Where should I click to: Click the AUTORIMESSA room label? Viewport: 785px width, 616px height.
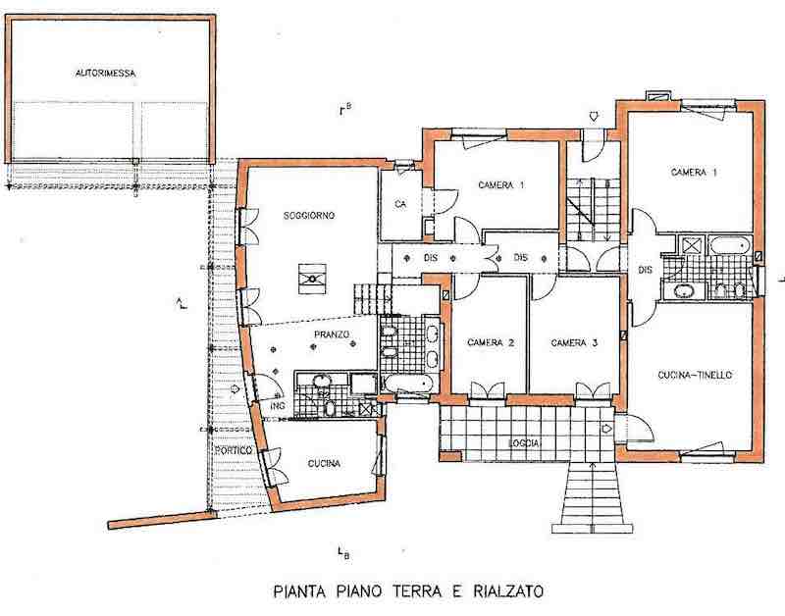(106, 74)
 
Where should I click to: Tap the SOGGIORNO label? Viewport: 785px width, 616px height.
(309, 216)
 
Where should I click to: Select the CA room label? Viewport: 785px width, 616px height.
(400, 204)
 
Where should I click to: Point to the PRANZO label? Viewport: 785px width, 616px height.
(332, 334)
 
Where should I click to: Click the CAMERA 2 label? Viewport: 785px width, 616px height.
(491, 342)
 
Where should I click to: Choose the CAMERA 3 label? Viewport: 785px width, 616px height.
(574, 342)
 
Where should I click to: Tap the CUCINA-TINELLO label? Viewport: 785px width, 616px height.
(695, 375)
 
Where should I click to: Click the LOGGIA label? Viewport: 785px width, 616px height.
(524, 443)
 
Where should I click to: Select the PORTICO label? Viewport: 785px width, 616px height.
(234, 450)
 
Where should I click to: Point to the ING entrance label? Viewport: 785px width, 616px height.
(278, 406)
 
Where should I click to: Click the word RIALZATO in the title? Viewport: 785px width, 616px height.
(507, 591)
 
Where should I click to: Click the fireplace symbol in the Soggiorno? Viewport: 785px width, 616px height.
(312, 279)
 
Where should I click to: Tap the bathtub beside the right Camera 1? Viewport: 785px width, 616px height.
(730, 245)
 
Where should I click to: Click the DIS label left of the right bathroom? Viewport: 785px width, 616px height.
(646, 270)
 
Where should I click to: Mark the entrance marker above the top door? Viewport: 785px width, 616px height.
(594, 117)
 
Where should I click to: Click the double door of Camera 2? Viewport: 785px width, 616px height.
(487, 390)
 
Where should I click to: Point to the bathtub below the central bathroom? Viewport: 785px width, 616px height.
(408, 384)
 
